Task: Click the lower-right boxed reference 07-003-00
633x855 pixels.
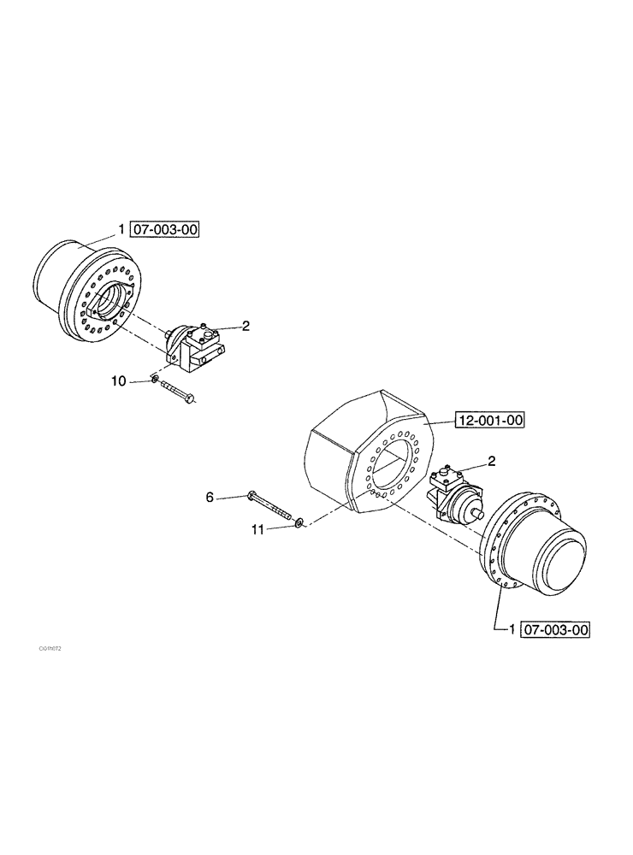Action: click(x=555, y=630)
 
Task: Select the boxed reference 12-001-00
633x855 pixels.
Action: click(x=489, y=420)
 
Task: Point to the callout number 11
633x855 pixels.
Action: click(x=257, y=530)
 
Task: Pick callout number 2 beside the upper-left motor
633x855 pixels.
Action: click(x=246, y=326)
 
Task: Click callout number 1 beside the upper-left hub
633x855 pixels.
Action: click(x=122, y=229)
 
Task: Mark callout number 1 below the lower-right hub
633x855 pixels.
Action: click(x=512, y=630)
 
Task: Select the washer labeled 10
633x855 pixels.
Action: click(x=154, y=380)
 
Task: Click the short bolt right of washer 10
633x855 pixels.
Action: click(x=178, y=391)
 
